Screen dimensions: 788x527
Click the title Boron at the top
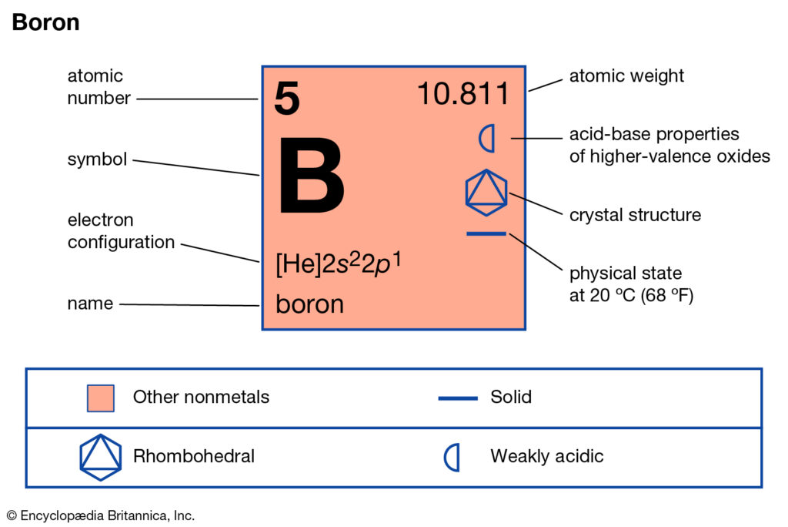pyautogui.click(x=45, y=22)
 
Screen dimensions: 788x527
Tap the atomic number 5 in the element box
pyautogui.click(x=287, y=98)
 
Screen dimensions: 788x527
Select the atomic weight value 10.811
pyautogui.click(x=463, y=94)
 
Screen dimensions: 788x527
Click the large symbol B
pyautogui.click(x=311, y=176)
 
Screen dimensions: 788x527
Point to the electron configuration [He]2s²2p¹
pyautogui.click(x=339, y=263)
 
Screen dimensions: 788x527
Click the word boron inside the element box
pyautogui.click(x=309, y=304)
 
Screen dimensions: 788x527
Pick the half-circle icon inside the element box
pyautogui.click(x=487, y=139)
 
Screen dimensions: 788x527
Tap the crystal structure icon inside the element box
pyautogui.click(x=486, y=193)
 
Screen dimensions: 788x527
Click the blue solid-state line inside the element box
pyautogui.click(x=486, y=233)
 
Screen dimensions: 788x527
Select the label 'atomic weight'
pyautogui.click(x=626, y=76)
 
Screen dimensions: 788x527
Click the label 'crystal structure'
pyautogui.click(x=635, y=215)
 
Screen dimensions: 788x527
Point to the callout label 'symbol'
pyautogui.click(x=97, y=159)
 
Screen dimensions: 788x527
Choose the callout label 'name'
pyautogui.click(x=90, y=304)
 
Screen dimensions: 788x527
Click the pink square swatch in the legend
pyautogui.click(x=101, y=398)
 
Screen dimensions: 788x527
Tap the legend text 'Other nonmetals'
pyautogui.click(x=201, y=397)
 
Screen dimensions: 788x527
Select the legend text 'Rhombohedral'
pyautogui.click(x=193, y=456)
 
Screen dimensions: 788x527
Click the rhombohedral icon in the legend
pyautogui.click(x=101, y=458)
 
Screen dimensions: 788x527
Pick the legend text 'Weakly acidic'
pyautogui.click(x=547, y=456)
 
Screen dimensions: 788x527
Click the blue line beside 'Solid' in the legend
pyautogui.click(x=458, y=398)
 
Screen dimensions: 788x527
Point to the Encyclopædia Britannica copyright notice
pyautogui.click(x=101, y=515)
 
